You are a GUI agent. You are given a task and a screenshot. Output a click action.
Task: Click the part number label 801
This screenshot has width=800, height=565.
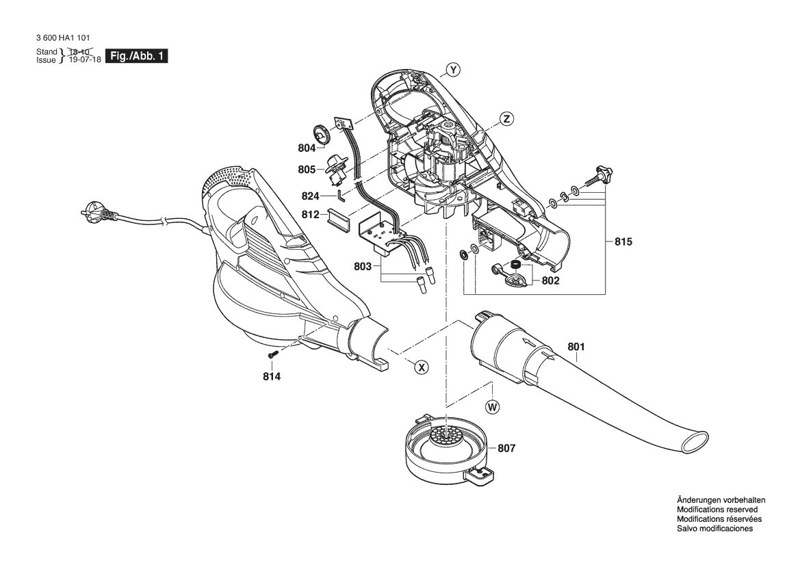(x=576, y=347)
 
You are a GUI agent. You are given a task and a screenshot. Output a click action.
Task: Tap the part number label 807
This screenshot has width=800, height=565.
(x=506, y=448)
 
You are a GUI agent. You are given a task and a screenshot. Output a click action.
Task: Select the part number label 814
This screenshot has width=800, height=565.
(x=272, y=377)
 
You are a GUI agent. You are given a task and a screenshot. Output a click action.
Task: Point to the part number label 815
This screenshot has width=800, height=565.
(x=623, y=241)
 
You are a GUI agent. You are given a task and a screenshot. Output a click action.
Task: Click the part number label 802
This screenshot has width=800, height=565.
(x=550, y=280)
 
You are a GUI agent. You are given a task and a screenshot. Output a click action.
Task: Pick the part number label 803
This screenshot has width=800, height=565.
(x=362, y=266)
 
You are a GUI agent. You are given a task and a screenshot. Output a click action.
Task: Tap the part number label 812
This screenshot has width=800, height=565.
(x=310, y=215)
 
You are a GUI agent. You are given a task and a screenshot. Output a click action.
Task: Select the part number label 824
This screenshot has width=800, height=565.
(x=310, y=196)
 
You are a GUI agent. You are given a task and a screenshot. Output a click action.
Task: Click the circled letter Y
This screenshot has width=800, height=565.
(x=452, y=69)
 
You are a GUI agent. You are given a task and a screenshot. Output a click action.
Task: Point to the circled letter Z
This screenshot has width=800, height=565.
(x=506, y=119)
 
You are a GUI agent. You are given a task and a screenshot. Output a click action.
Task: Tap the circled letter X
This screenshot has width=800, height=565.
(x=421, y=367)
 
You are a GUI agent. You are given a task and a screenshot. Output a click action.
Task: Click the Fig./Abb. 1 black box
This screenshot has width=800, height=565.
(x=136, y=56)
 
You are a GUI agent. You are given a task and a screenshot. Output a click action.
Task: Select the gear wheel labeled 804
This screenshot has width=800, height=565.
(x=322, y=135)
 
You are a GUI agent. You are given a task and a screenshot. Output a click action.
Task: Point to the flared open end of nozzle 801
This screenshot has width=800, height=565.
(x=693, y=441)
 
